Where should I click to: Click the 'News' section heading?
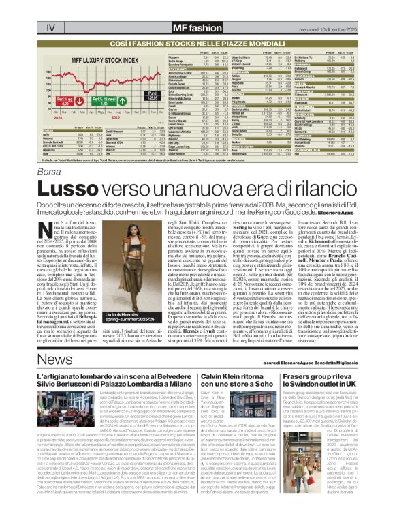(55, 359)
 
